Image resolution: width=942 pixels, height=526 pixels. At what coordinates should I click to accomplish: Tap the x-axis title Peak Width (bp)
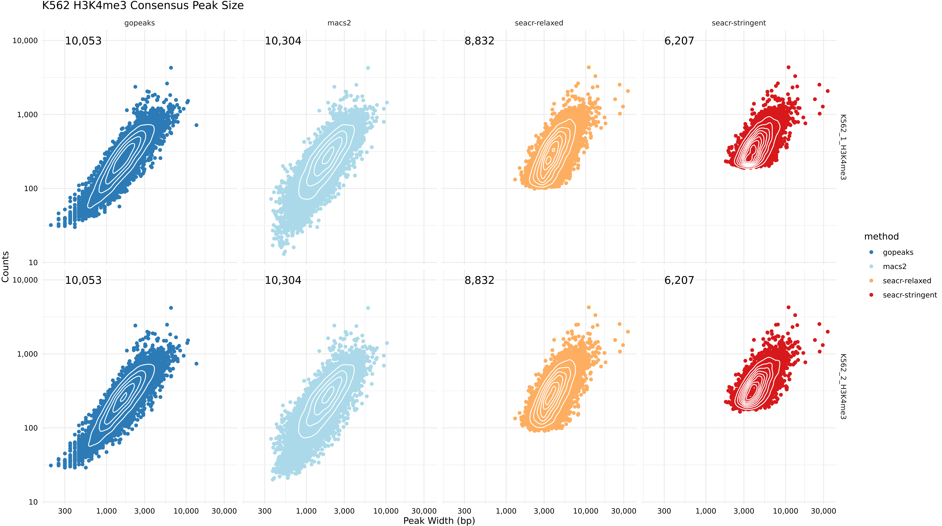[x=439, y=521]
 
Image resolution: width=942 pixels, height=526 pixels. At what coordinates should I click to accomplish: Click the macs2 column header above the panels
[x=339, y=23]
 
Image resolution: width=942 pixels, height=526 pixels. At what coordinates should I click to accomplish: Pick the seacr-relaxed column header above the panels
[x=539, y=23]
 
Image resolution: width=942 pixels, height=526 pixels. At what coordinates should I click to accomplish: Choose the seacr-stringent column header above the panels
[x=739, y=23]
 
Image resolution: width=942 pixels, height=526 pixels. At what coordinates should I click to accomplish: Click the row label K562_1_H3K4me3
[x=843, y=147]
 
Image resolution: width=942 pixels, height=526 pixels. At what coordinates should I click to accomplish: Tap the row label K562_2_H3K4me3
[x=843, y=386]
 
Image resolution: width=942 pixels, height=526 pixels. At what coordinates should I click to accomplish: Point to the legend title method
[x=881, y=236]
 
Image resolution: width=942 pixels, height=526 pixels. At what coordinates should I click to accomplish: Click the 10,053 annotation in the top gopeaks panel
[x=83, y=41]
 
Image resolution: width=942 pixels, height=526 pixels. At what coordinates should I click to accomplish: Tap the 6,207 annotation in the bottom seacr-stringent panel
[x=679, y=280]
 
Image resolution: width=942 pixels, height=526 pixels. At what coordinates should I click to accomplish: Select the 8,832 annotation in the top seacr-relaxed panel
[x=479, y=41]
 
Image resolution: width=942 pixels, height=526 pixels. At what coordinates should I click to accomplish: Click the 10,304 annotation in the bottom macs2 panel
[x=283, y=280]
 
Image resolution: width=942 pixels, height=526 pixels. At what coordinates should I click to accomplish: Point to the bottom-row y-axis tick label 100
[x=31, y=428]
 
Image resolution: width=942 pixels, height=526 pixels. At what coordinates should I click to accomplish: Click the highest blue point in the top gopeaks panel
[x=171, y=68]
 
